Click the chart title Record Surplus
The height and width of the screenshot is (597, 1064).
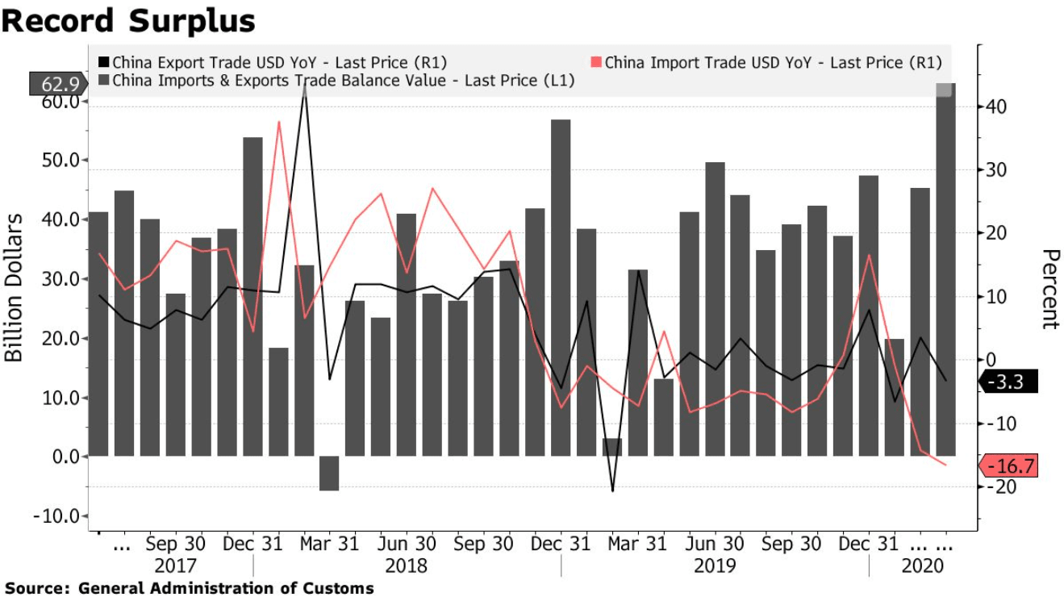click(x=128, y=21)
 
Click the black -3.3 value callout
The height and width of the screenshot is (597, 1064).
click(x=1007, y=382)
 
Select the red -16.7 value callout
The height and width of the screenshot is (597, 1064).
click(x=1007, y=465)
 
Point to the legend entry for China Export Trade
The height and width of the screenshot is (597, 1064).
click(x=272, y=62)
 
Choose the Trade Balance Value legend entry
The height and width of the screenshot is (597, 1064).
click(x=336, y=80)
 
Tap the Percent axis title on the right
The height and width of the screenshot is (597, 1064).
click(x=1049, y=289)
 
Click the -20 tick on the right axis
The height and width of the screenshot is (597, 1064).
click(x=992, y=486)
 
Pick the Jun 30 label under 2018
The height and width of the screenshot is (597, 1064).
click(x=407, y=544)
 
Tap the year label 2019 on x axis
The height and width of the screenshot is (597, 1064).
click(x=715, y=566)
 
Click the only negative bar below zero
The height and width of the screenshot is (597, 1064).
click(x=329, y=473)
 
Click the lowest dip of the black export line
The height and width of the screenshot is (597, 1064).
click(x=613, y=491)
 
